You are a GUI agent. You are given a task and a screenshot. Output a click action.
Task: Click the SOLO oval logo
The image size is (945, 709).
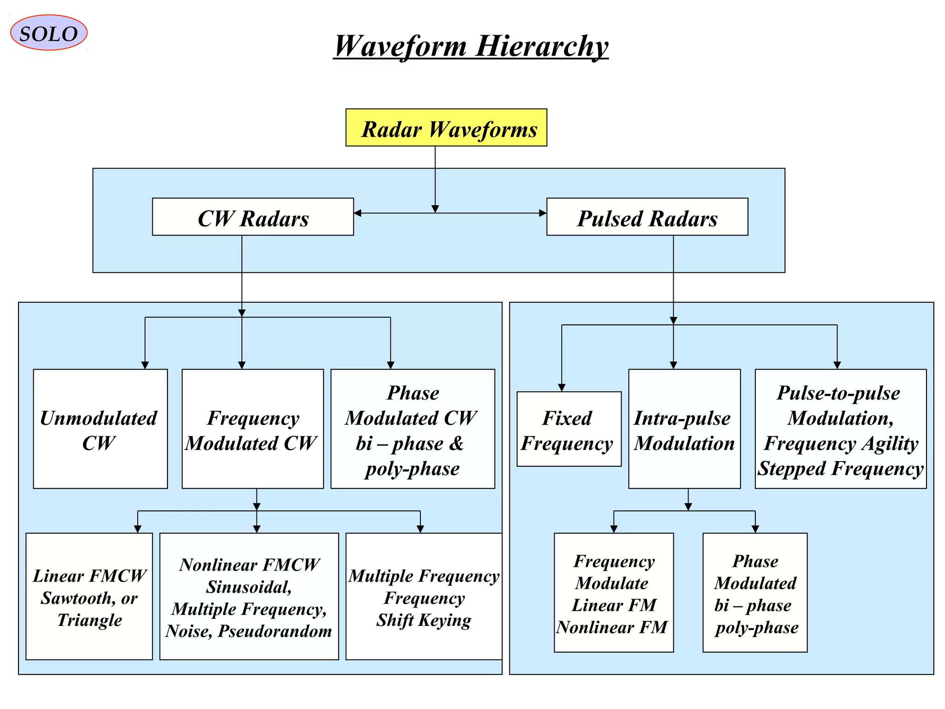[48, 33]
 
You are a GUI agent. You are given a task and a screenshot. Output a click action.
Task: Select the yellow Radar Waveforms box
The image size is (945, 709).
[446, 128]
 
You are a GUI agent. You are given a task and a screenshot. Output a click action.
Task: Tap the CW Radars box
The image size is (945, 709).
[253, 217]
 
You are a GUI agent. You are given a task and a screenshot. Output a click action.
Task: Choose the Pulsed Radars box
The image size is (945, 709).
[647, 217]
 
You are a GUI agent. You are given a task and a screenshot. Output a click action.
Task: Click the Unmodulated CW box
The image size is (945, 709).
[100, 429]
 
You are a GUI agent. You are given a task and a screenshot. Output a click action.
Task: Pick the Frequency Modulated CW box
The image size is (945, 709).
[252, 429]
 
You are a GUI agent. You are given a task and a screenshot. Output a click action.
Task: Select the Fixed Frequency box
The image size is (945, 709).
[568, 429]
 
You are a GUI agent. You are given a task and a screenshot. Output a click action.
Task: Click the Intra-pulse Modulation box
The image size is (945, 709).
[684, 429]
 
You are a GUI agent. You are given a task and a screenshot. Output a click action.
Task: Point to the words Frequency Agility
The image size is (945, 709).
[841, 444]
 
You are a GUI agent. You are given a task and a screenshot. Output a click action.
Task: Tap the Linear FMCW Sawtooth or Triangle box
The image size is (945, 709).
[89, 596]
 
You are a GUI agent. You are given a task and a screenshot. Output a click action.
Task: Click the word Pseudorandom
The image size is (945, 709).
[275, 631]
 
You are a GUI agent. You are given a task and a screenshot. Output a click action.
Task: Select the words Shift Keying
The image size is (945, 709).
[424, 620]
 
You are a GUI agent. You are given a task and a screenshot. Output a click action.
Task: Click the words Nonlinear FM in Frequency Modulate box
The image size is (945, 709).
[612, 627]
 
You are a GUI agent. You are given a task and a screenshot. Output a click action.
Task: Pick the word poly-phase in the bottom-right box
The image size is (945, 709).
[757, 628]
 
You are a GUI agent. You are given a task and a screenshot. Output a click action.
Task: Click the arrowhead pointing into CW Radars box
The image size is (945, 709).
[358, 213]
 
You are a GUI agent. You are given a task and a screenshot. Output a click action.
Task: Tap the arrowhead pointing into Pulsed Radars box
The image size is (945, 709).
[543, 213]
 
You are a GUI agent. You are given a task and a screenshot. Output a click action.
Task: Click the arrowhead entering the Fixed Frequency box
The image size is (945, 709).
[562, 388]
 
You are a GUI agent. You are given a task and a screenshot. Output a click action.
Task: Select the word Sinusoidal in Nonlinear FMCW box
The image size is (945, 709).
[248, 587]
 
